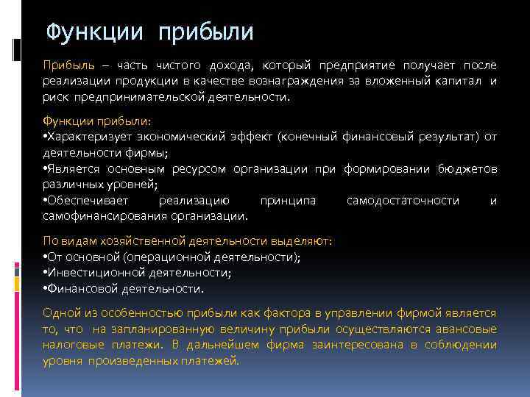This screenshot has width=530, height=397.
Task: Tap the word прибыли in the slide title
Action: (x=205, y=32)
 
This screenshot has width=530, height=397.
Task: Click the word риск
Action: (x=54, y=96)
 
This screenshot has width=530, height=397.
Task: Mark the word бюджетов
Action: (x=467, y=169)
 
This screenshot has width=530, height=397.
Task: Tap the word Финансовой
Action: (x=80, y=287)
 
